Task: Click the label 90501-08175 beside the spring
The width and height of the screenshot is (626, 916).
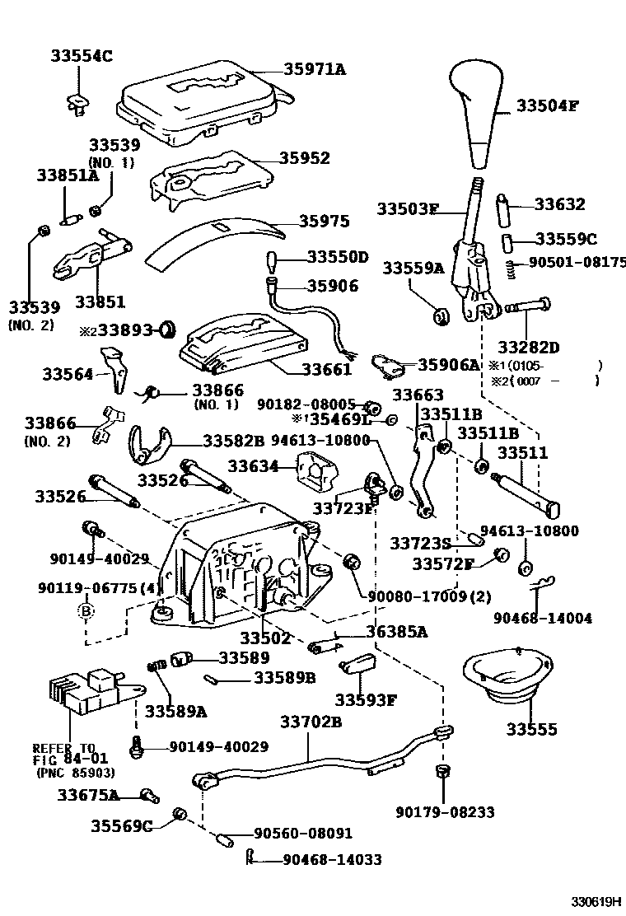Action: coord(577,263)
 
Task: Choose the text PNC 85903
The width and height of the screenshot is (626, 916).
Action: coord(75,773)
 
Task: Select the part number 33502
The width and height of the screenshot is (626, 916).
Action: coord(265,638)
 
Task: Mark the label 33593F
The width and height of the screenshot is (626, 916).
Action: coord(366,700)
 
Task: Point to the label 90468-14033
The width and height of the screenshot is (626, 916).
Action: coord(331,859)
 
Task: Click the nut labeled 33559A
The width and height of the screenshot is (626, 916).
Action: coord(441,314)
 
